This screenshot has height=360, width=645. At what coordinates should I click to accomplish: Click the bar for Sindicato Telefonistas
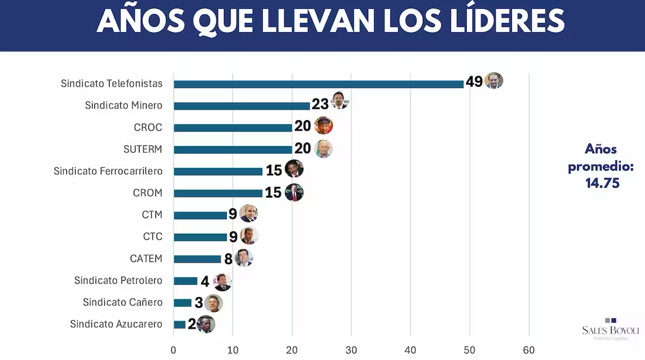point(318,84)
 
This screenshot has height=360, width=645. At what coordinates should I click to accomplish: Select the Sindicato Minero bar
point(242,106)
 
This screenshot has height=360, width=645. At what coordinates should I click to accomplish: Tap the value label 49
point(474,81)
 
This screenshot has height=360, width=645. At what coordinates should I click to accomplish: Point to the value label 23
point(320,104)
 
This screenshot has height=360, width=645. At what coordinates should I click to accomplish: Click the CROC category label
point(148,127)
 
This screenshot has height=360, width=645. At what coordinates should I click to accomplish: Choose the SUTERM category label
point(142,149)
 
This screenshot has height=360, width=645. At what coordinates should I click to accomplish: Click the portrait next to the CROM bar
point(294,192)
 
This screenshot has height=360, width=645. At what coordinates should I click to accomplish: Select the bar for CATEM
point(198,259)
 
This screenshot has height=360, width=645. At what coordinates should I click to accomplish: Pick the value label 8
point(228,259)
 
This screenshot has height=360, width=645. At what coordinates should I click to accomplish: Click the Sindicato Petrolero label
point(118,280)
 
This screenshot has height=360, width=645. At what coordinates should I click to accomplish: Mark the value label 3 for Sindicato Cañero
point(199,303)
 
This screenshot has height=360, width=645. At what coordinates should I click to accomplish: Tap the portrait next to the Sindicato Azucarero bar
point(206,324)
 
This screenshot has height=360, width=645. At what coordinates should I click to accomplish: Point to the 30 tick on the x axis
point(351,351)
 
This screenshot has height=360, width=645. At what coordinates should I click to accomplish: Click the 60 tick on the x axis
point(529,351)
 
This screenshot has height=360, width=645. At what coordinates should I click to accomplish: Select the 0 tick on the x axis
point(174,351)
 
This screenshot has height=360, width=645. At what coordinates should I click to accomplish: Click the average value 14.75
point(602,183)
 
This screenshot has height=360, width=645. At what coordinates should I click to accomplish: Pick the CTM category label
point(152,215)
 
